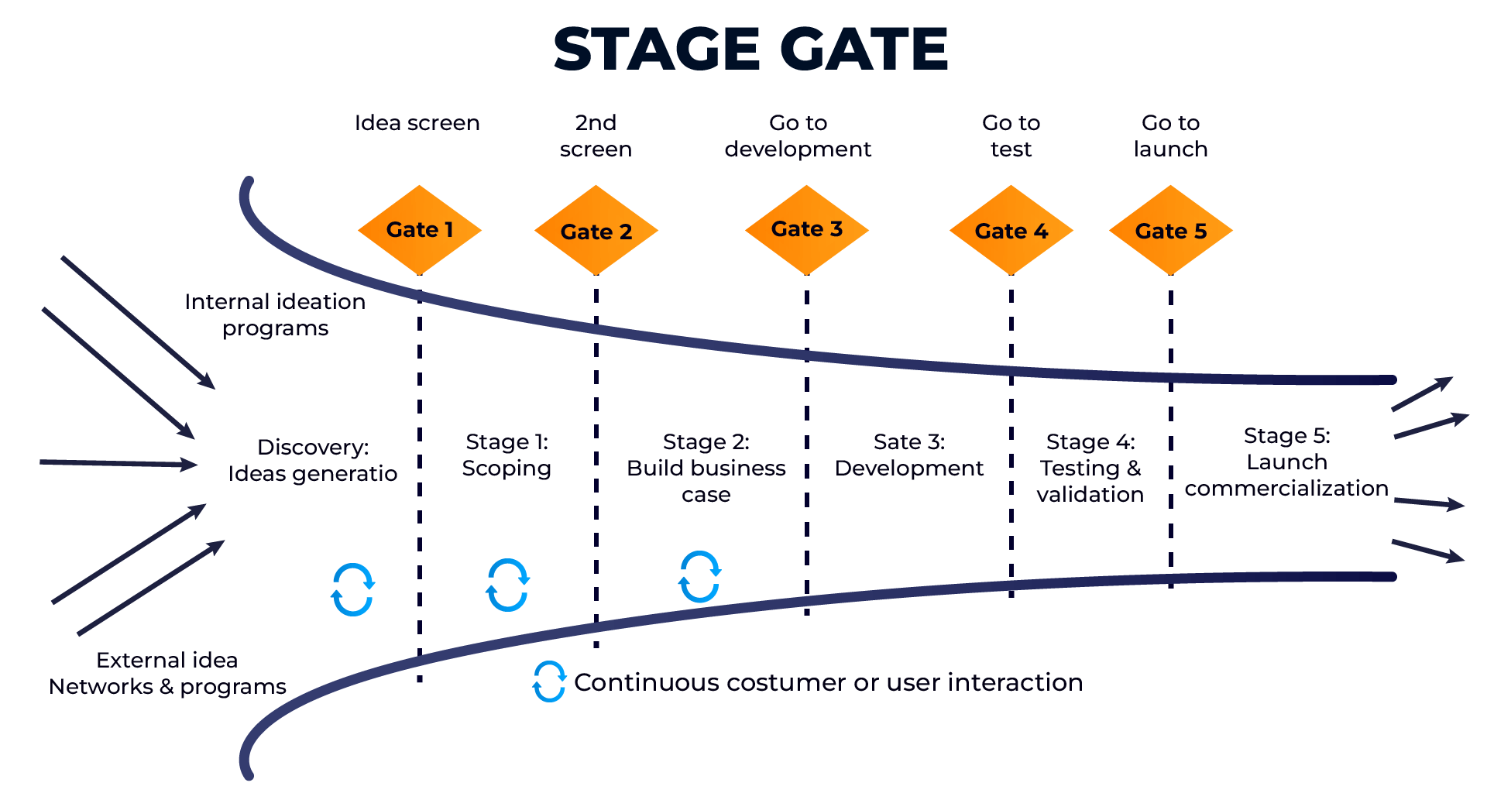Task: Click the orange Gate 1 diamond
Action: pos(419,230)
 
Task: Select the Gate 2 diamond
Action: pos(596,231)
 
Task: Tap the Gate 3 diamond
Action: pos(806,230)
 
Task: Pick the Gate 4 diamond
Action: pos(1011,231)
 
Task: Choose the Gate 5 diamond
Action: pos(1170,231)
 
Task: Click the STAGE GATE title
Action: pos(750,50)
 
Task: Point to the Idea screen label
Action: pos(417,123)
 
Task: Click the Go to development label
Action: pos(798,136)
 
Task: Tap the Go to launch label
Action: pos(1170,136)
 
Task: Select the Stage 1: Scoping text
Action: pos(507,455)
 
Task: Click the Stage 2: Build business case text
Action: pos(706,468)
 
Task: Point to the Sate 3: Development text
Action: pos(908,455)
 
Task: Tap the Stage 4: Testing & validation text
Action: pos(1090,468)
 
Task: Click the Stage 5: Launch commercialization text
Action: pos(1286,462)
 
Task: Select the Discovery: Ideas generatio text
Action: pos(312,461)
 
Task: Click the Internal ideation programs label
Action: pos(275,314)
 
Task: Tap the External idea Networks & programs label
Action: pos(167,673)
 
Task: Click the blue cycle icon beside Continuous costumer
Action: pos(549,681)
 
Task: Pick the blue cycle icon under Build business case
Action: pos(699,577)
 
